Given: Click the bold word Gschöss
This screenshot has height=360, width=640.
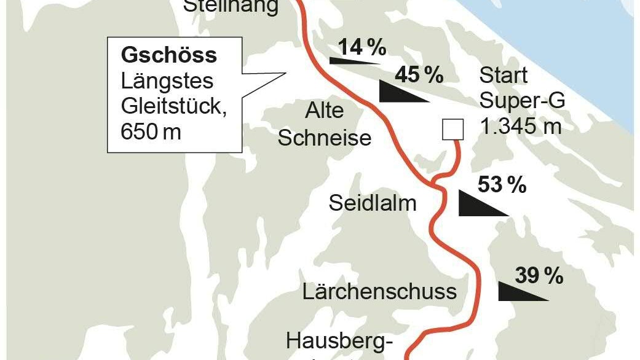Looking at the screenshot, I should [x=169, y=55].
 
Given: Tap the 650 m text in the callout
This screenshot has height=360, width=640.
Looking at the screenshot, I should [x=151, y=131].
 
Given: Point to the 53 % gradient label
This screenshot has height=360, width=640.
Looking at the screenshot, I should [x=502, y=184].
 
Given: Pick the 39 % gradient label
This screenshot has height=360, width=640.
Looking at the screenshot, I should [x=539, y=276].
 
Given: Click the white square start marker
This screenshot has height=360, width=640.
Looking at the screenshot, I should [x=453, y=130].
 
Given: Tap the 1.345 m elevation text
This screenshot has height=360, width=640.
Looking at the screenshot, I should [x=521, y=127].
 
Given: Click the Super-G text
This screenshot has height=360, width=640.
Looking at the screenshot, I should [x=522, y=101].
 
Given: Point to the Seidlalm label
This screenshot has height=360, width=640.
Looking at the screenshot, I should [x=373, y=203].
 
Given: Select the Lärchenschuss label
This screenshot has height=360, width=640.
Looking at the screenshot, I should [x=379, y=291].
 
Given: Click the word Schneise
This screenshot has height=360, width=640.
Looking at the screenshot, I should [x=325, y=137].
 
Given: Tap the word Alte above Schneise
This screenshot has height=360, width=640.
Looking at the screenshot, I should [x=325, y=111].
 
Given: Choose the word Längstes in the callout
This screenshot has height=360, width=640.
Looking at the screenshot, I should [x=167, y=81].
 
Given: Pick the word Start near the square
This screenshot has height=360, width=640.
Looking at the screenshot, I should [x=504, y=76].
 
